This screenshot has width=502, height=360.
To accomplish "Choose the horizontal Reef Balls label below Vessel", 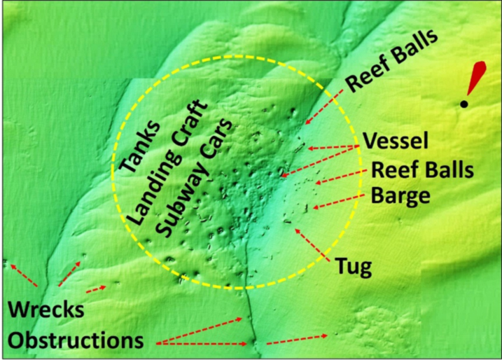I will [x=422, y=170].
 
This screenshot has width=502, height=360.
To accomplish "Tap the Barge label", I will [x=400, y=195].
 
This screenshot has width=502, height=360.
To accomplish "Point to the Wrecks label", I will [x=46, y=311].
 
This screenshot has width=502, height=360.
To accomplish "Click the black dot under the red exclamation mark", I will [x=463, y=105].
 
